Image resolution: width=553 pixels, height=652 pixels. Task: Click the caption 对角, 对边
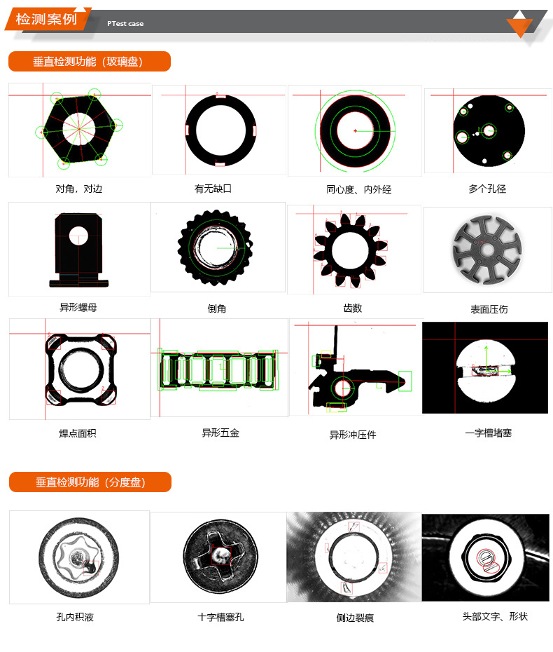(x=79, y=189)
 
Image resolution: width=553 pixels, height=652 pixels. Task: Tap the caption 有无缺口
(x=213, y=189)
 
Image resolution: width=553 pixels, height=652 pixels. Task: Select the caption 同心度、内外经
(x=358, y=189)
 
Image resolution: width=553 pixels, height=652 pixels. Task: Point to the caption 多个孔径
(x=487, y=189)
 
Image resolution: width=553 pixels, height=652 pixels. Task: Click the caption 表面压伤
(x=489, y=309)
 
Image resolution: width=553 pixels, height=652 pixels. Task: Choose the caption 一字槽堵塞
(x=488, y=433)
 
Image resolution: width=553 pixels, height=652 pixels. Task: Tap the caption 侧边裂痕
(x=355, y=618)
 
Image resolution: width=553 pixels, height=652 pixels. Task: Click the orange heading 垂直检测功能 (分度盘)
(x=90, y=482)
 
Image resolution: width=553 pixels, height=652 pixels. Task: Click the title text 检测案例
(x=46, y=19)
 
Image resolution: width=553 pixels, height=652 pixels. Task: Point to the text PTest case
(x=125, y=24)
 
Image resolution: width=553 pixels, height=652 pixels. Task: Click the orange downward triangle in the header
(x=519, y=27)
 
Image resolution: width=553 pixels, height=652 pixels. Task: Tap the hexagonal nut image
(x=78, y=129)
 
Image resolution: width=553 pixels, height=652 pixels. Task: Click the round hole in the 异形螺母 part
(x=78, y=236)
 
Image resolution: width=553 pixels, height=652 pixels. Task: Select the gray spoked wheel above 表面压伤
(x=487, y=250)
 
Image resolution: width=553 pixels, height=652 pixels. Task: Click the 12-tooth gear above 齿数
(x=351, y=251)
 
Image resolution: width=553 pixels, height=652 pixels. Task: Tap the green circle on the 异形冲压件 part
(x=342, y=388)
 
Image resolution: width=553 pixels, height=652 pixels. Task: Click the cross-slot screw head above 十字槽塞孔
(x=220, y=557)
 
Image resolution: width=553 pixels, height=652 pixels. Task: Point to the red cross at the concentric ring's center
(x=355, y=131)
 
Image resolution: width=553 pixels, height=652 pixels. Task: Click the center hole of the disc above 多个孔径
(x=489, y=131)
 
